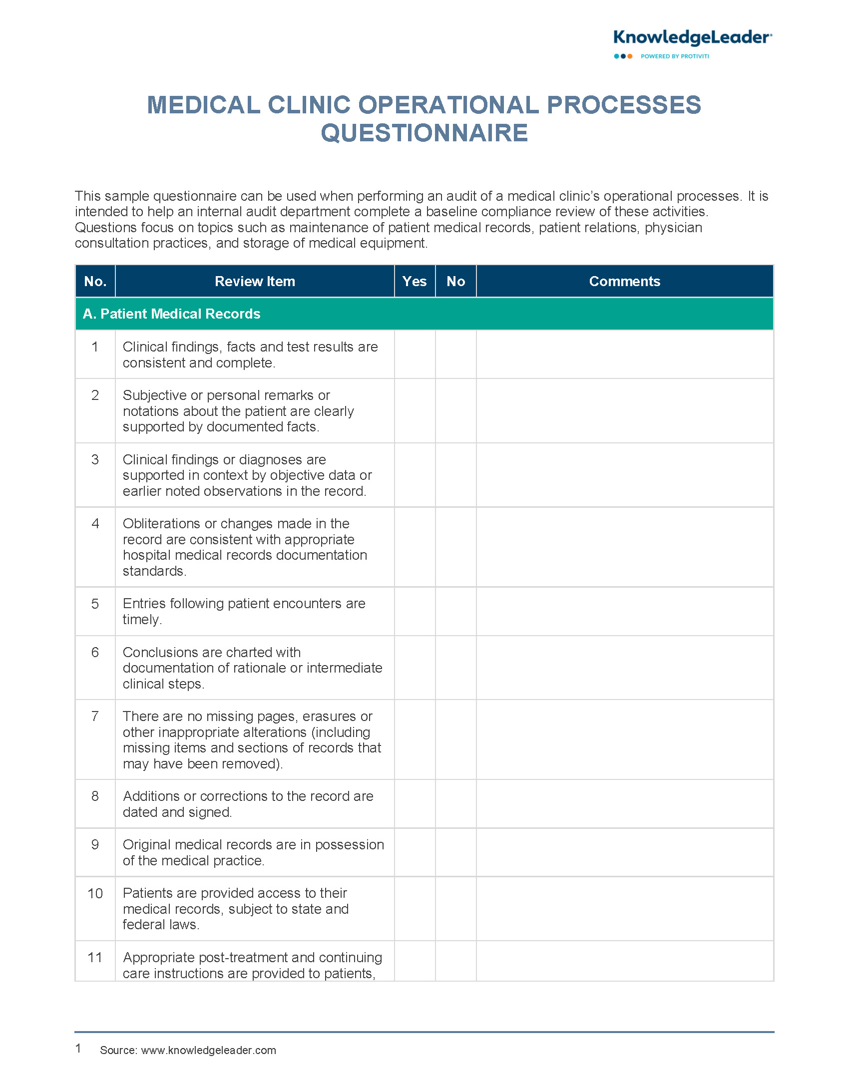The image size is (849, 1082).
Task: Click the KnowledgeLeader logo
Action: [692, 38]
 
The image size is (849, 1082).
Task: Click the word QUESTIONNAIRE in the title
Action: [424, 133]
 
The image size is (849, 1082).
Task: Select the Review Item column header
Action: [255, 281]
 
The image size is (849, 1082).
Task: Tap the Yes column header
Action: [415, 281]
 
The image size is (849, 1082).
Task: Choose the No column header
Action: [455, 281]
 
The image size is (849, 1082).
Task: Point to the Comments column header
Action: [624, 281]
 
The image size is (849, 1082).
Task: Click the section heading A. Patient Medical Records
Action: [171, 314]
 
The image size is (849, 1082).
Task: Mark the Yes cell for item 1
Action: [415, 354]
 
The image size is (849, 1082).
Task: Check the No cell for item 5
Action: [455, 611]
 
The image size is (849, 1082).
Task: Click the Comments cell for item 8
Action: [624, 803]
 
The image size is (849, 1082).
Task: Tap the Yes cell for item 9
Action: [415, 852]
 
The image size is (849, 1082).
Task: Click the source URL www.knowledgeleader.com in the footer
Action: [208, 1050]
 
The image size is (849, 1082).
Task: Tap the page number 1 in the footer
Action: [78, 1049]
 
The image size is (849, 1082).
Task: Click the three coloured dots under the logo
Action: [623, 56]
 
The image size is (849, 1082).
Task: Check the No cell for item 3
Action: [455, 475]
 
